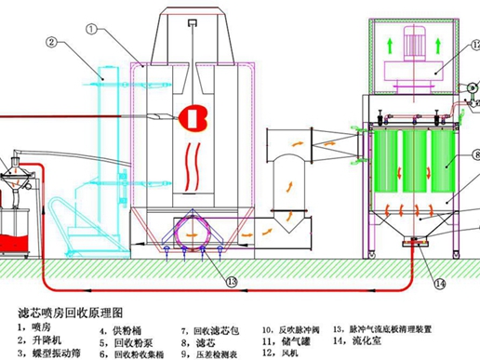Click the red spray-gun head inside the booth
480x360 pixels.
pyautogui.click(x=196, y=117)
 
